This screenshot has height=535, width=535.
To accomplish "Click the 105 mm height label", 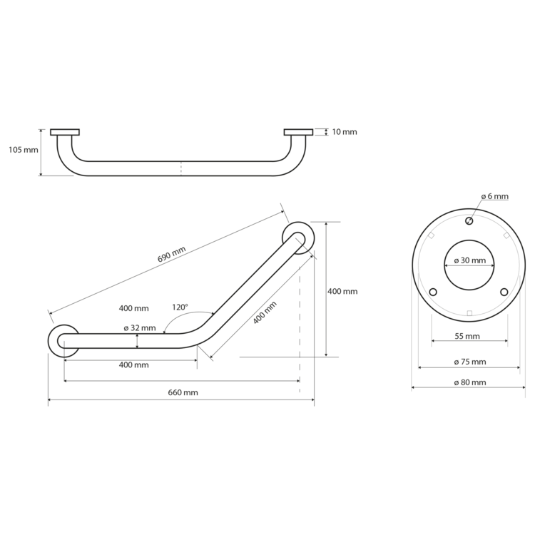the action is pos(24,150).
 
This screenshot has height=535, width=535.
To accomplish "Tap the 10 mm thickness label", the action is pos(345,132).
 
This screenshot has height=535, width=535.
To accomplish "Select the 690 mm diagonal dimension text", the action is pos(172,254).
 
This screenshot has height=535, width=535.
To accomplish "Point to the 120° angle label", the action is pos(180,307).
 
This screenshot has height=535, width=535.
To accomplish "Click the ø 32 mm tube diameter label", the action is pos(140,328).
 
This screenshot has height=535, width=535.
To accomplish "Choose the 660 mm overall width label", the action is pos(183,392).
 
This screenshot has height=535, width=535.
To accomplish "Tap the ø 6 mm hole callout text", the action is pos(495,196).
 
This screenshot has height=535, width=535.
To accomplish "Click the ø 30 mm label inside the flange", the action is pos(470,260).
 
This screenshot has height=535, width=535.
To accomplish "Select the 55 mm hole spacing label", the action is pos(467,336).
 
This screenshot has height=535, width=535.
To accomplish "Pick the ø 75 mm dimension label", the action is pos(470,362).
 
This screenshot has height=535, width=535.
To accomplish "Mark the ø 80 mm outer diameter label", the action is pos(470,382).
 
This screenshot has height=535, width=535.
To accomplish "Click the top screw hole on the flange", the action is pos(469,221).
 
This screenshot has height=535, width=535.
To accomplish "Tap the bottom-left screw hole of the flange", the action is pos(433,292).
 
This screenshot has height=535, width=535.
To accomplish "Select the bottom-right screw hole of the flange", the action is pos(504,292).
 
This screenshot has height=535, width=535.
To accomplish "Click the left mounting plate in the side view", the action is pos(65,132).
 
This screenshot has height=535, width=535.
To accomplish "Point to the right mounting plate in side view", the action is pos(298,132).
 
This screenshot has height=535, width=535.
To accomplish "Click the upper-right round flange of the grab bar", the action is pos(298,238).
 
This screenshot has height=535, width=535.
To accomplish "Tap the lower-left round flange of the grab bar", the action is pos(63,341).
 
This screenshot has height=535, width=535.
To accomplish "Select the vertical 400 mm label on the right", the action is pos(342,291).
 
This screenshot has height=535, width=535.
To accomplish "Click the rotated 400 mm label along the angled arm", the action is pos(265,313).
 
